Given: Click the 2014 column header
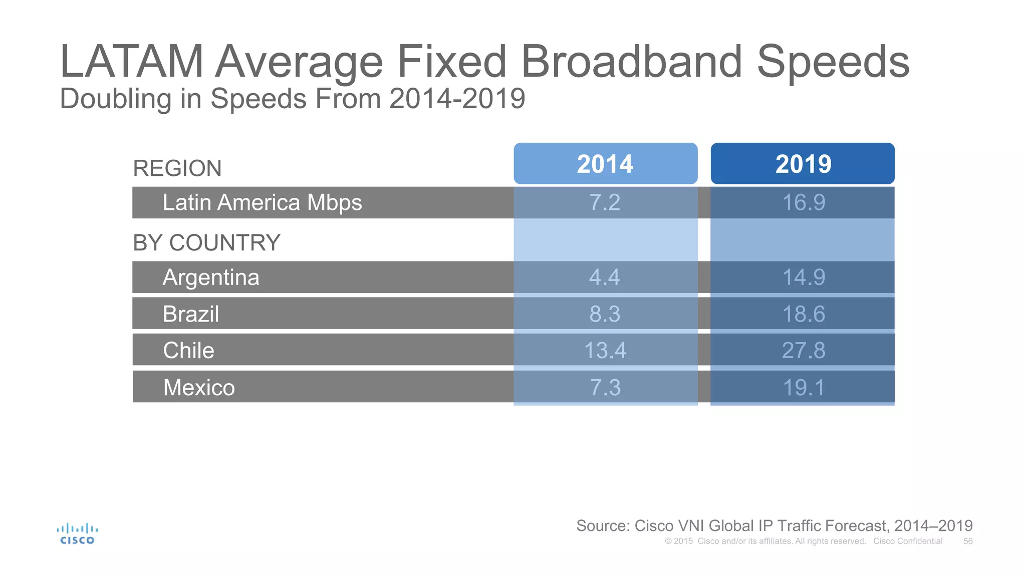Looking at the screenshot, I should coord(605,164).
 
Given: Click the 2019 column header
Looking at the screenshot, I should coord(803,164).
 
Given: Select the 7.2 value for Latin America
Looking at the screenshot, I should coord(605,202).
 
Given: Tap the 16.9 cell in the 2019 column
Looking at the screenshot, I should coord(803,202).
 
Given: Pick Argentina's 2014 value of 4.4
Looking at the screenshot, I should coord(605,277).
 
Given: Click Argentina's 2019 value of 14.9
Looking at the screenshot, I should coord(803,277).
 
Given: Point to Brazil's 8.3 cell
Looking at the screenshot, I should coord(605,314).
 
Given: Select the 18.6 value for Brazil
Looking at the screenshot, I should coord(803,314).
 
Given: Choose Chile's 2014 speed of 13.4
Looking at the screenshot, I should coord(605,350).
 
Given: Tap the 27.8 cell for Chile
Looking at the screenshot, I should coord(803,350).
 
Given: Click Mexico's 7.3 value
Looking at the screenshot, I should coord(605,387).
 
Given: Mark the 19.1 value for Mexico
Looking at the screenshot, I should coord(803,387).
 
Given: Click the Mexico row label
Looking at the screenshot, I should coord(199,387).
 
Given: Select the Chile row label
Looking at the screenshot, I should coord(188,350).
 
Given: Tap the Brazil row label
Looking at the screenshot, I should coord(191,314).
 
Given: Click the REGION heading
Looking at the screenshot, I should coord(177,168).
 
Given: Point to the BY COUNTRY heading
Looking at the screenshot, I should coord(206,243).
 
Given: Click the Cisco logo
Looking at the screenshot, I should coord(77,534).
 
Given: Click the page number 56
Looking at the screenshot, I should coord(968,541).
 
